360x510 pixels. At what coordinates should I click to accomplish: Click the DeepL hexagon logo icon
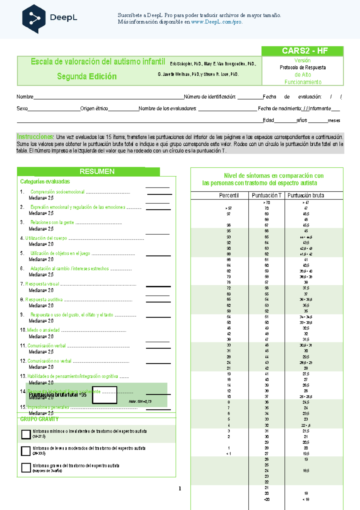[x=34, y=19]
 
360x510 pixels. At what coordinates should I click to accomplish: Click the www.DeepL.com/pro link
[x=217, y=22]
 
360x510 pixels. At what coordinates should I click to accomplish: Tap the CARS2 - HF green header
[x=302, y=51]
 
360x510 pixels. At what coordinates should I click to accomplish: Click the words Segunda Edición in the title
[x=87, y=76]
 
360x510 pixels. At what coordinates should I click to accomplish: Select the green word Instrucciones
[x=35, y=137]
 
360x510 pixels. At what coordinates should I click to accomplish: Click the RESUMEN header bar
[x=97, y=171]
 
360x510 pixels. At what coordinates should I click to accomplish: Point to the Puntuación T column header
[x=266, y=195]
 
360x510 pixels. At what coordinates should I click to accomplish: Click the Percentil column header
[x=229, y=195]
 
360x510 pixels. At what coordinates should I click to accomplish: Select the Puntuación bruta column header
[x=305, y=195]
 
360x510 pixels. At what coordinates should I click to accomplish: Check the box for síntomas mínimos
[x=26, y=434]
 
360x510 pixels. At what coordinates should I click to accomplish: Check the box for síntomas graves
[x=26, y=467]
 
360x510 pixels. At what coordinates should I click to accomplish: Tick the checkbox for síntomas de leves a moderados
[x=26, y=451]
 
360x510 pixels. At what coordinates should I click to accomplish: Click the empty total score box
[x=104, y=395]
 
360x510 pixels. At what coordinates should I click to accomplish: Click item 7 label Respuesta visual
[x=42, y=284]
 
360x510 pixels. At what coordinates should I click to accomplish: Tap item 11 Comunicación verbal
[x=46, y=346]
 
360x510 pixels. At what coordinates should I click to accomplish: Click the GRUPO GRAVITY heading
[x=39, y=419]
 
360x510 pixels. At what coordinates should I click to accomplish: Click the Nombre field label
[x=25, y=97]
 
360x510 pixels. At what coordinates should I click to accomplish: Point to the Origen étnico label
[x=94, y=109]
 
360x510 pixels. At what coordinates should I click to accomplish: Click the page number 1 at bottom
[x=180, y=489]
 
